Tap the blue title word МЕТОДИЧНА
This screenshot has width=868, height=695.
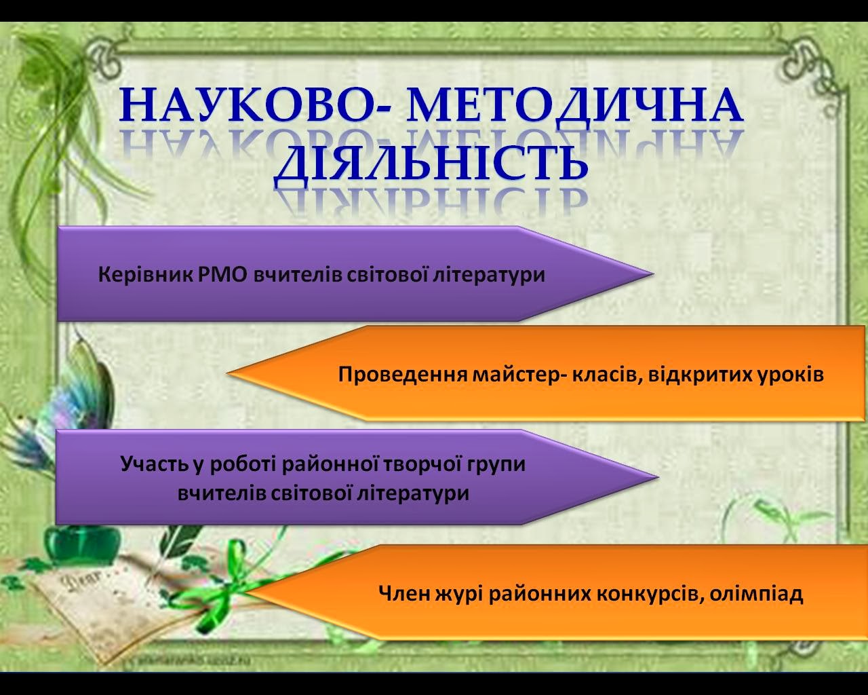point(574,106)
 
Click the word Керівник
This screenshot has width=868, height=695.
point(144,276)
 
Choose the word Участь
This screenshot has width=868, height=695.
point(154,464)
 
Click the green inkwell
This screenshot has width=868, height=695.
point(82,546)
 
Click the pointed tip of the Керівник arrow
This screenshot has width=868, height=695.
point(653,274)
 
